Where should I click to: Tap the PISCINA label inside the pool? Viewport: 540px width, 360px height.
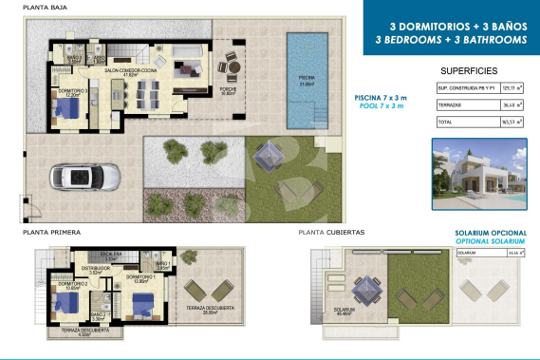point(307,80)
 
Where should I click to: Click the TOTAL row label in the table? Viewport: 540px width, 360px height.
point(444,123)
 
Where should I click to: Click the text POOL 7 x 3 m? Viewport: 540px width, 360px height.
point(382,107)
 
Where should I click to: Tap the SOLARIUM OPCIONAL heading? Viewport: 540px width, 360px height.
point(485,232)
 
